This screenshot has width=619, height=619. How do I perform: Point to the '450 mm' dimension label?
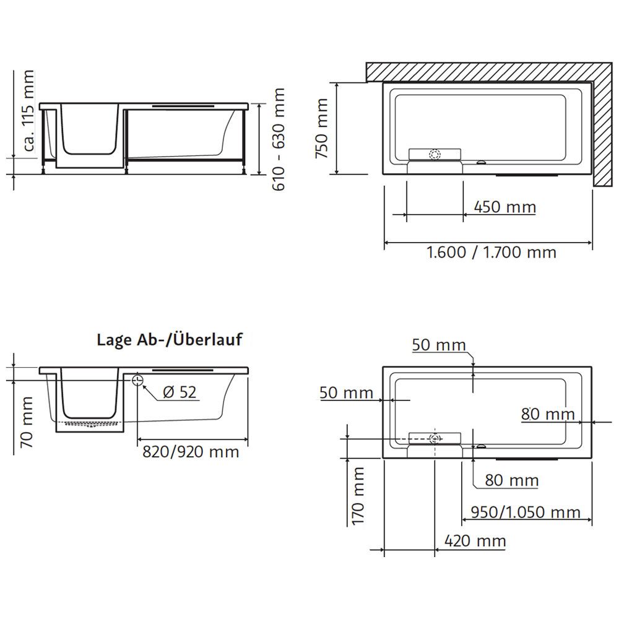point(504,207)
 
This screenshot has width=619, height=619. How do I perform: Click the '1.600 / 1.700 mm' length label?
point(491,252)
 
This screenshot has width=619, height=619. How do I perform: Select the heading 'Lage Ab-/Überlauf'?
point(169,339)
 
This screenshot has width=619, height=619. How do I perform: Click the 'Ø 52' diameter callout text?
point(180,392)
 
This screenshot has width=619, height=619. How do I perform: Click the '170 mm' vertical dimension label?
point(358,496)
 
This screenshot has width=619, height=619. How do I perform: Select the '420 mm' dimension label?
point(475,541)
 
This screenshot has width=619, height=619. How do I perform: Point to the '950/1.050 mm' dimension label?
point(526,512)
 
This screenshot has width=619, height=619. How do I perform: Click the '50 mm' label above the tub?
point(439,345)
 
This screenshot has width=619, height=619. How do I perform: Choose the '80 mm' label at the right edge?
point(548,413)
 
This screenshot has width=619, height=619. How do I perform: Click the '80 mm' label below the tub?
point(511,480)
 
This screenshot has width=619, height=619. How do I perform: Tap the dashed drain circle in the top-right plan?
point(435,155)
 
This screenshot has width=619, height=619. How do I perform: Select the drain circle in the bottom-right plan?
point(435,438)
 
